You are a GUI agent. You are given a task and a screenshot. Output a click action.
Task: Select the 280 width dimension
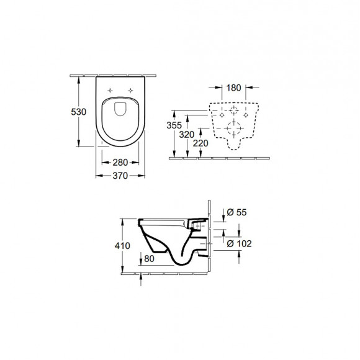click(x=120, y=163)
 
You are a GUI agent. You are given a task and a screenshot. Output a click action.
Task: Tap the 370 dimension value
click(x=120, y=176)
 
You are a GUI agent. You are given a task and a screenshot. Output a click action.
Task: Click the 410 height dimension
click(x=122, y=246)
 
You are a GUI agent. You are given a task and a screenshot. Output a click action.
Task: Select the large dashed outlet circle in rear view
click(x=233, y=130)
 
